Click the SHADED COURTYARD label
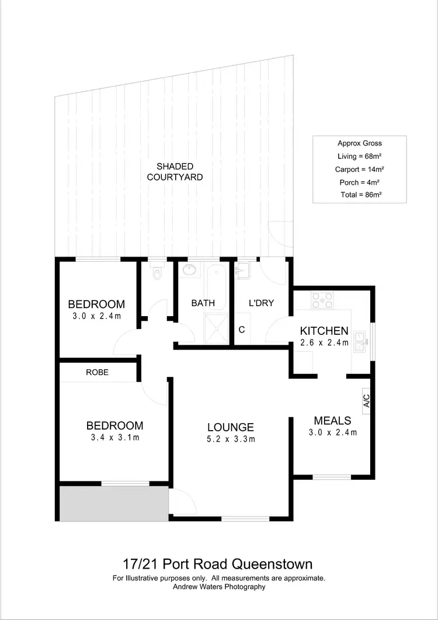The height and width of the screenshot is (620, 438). (x=175, y=171)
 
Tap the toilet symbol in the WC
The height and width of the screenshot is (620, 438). (x=156, y=273)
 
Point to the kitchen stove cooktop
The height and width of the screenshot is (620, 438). (x=322, y=300)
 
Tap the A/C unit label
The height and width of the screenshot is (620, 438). (x=367, y=401)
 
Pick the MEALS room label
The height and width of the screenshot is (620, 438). (x=332, y=421)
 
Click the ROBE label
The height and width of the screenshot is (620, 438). (x=98, y=372)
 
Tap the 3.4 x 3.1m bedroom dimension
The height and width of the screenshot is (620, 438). (x=114, y=438)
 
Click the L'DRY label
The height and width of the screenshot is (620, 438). (x=261, y=303)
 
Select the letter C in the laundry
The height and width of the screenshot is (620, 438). (x=241, y=329)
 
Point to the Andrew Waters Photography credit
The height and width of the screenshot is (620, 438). (x=218, y=587)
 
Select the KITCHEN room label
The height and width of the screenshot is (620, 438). (x=324, y=331)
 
